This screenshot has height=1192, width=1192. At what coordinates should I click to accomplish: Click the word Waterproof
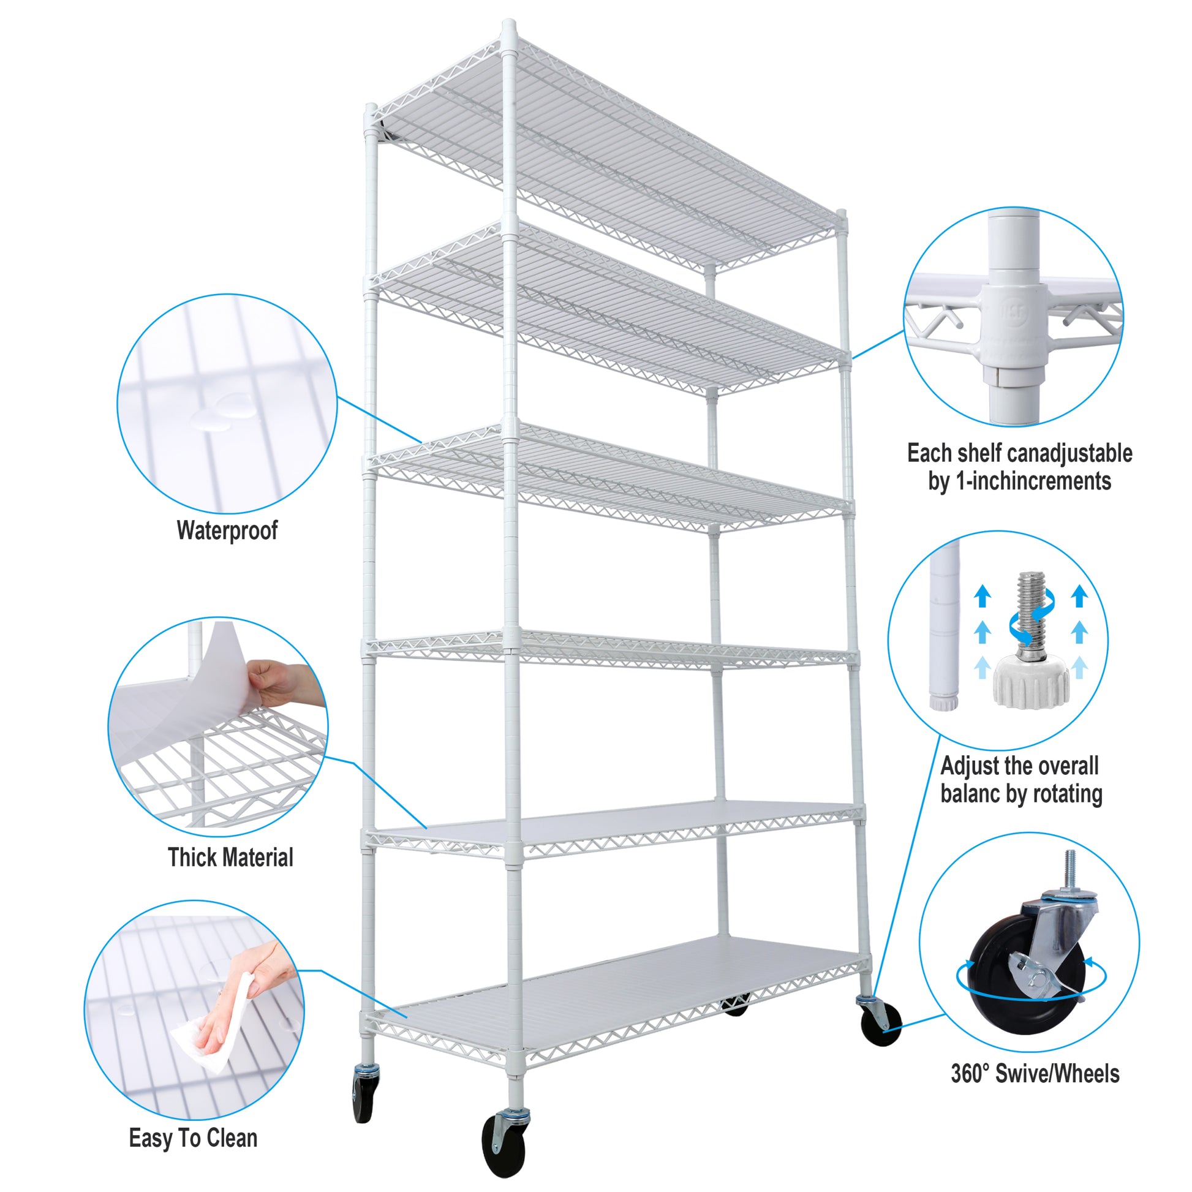pos(227,530)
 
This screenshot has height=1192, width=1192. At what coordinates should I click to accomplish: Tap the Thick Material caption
pos(230,858)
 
